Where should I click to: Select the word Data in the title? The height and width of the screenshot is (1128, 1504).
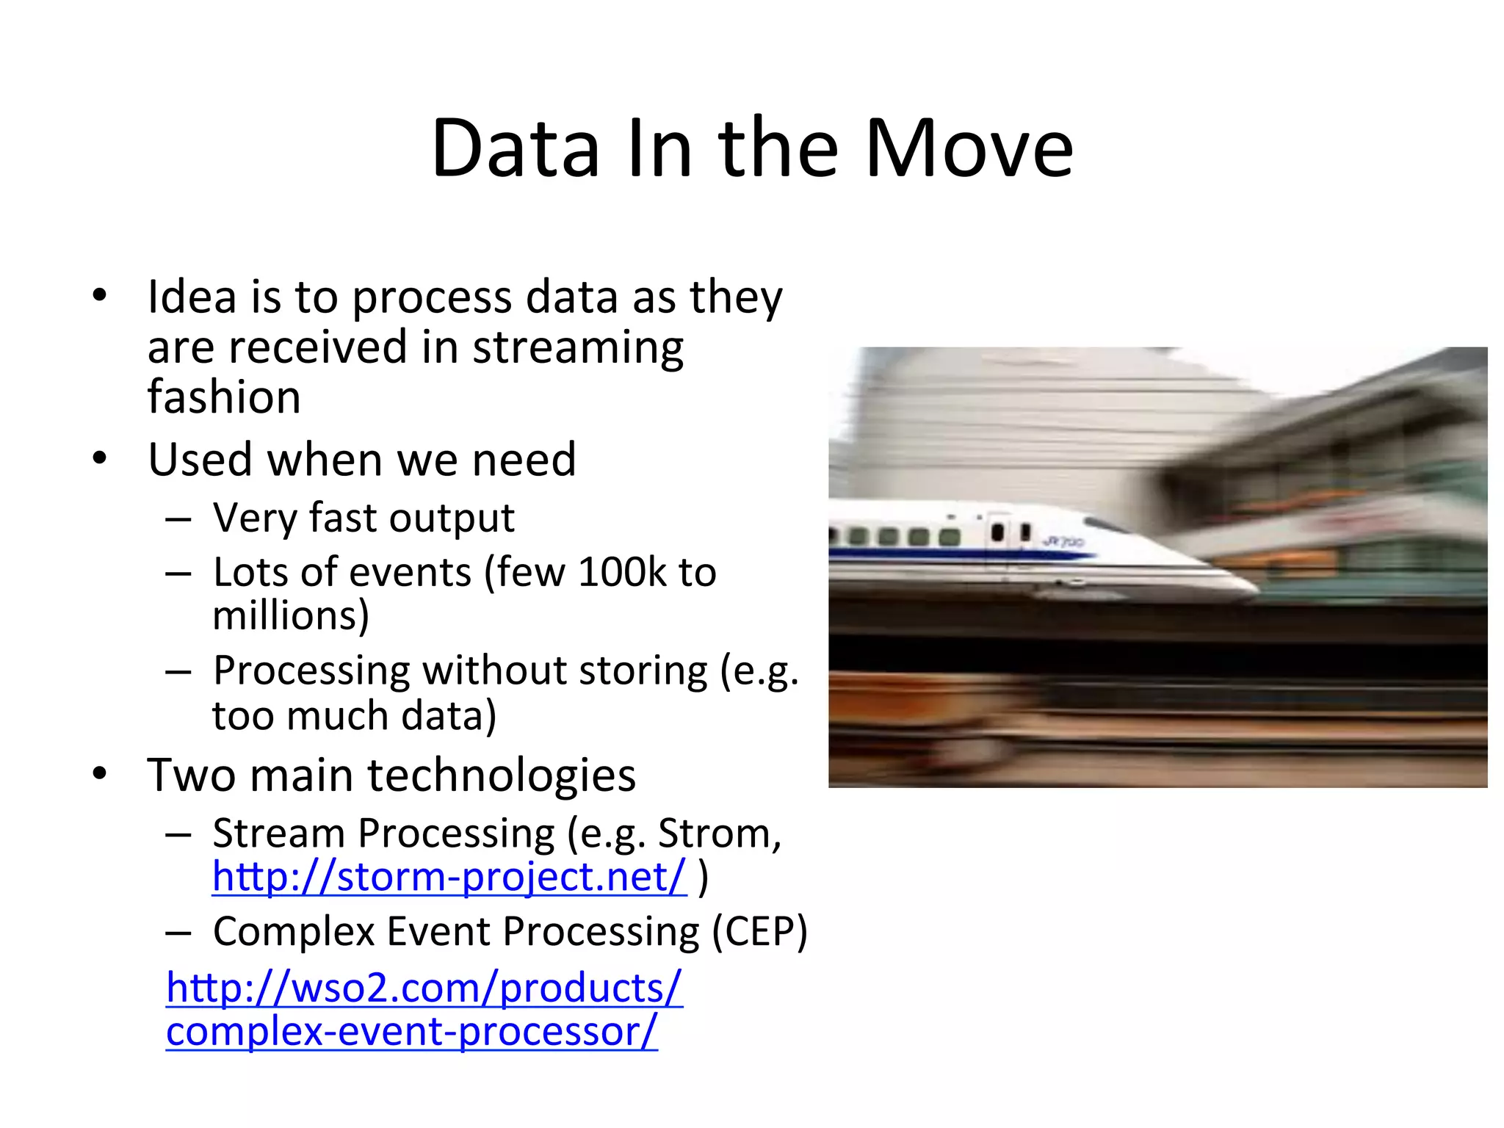[516, 149]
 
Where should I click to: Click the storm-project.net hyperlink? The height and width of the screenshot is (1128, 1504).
[449, 877]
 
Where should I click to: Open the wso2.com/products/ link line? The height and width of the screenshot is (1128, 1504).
[424, 988]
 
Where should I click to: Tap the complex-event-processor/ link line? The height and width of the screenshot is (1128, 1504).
[411, 1032]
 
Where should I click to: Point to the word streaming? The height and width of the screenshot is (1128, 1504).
[578, 347]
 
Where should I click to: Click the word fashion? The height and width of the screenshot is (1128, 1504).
[224, 397]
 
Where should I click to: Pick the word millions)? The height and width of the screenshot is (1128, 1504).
[291, 615]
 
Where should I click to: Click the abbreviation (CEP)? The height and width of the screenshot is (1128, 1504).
[759, 931]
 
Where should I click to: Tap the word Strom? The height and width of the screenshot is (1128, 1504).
[720, 834]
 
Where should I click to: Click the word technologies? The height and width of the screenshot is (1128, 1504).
[502, 775]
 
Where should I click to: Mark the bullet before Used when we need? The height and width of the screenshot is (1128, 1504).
[100, 459]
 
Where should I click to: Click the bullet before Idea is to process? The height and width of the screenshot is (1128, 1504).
[100, 296]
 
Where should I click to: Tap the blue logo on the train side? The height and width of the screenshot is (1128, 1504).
[1063, 542]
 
